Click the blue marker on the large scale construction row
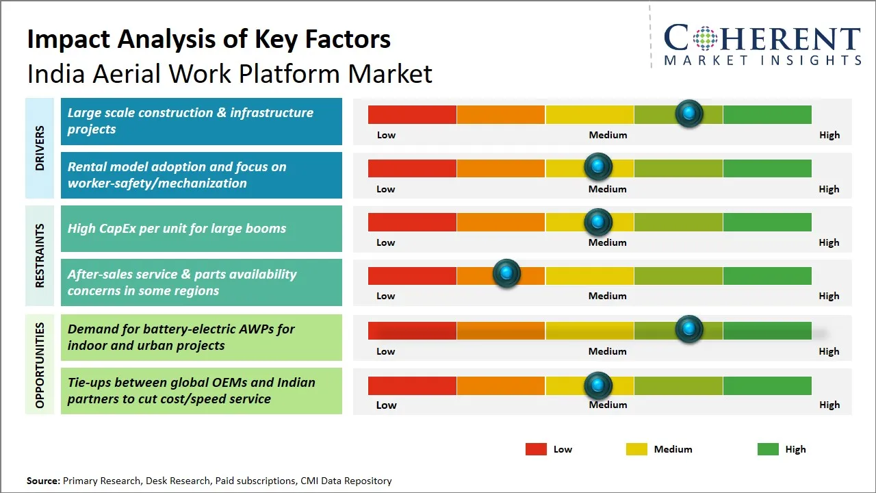[689, 113]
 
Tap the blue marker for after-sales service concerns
[506, 274]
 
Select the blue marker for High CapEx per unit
[598, 221]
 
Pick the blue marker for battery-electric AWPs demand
[689, 329]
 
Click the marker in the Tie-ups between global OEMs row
[598, 385]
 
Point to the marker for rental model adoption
[598, 166]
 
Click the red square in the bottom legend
[536, 449]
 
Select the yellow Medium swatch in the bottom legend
[636, 449]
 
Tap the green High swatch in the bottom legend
[768, 449]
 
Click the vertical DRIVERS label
[40, 148]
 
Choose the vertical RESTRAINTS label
[40, 255]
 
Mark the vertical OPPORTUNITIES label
[40, 365]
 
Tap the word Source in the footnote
[43, 481]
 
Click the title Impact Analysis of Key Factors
[209, 39]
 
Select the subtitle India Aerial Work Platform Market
[229, 73]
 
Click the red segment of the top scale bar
[412, 114]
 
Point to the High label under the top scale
[829, 135]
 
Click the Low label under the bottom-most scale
[386, 405]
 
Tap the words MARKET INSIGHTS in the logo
[762, 60]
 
